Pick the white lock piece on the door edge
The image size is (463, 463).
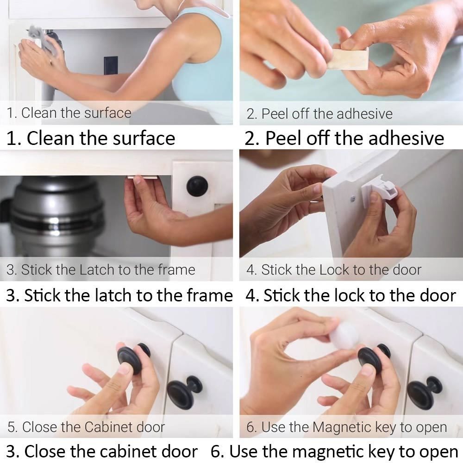[x=381, y=188]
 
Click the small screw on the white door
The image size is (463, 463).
[x=353, y=199]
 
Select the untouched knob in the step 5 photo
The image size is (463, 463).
[x=185, y=391]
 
